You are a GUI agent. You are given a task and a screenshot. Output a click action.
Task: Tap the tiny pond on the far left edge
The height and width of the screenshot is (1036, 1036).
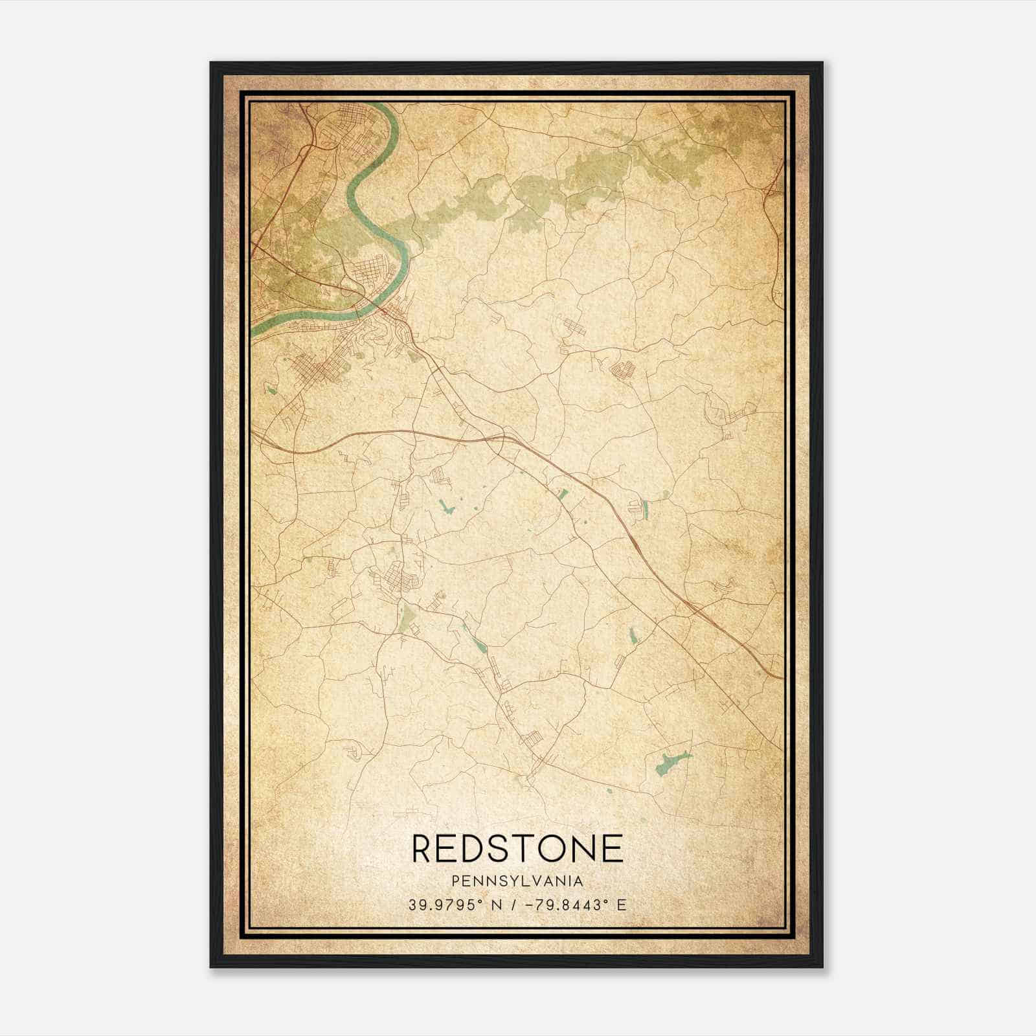(271, 390)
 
